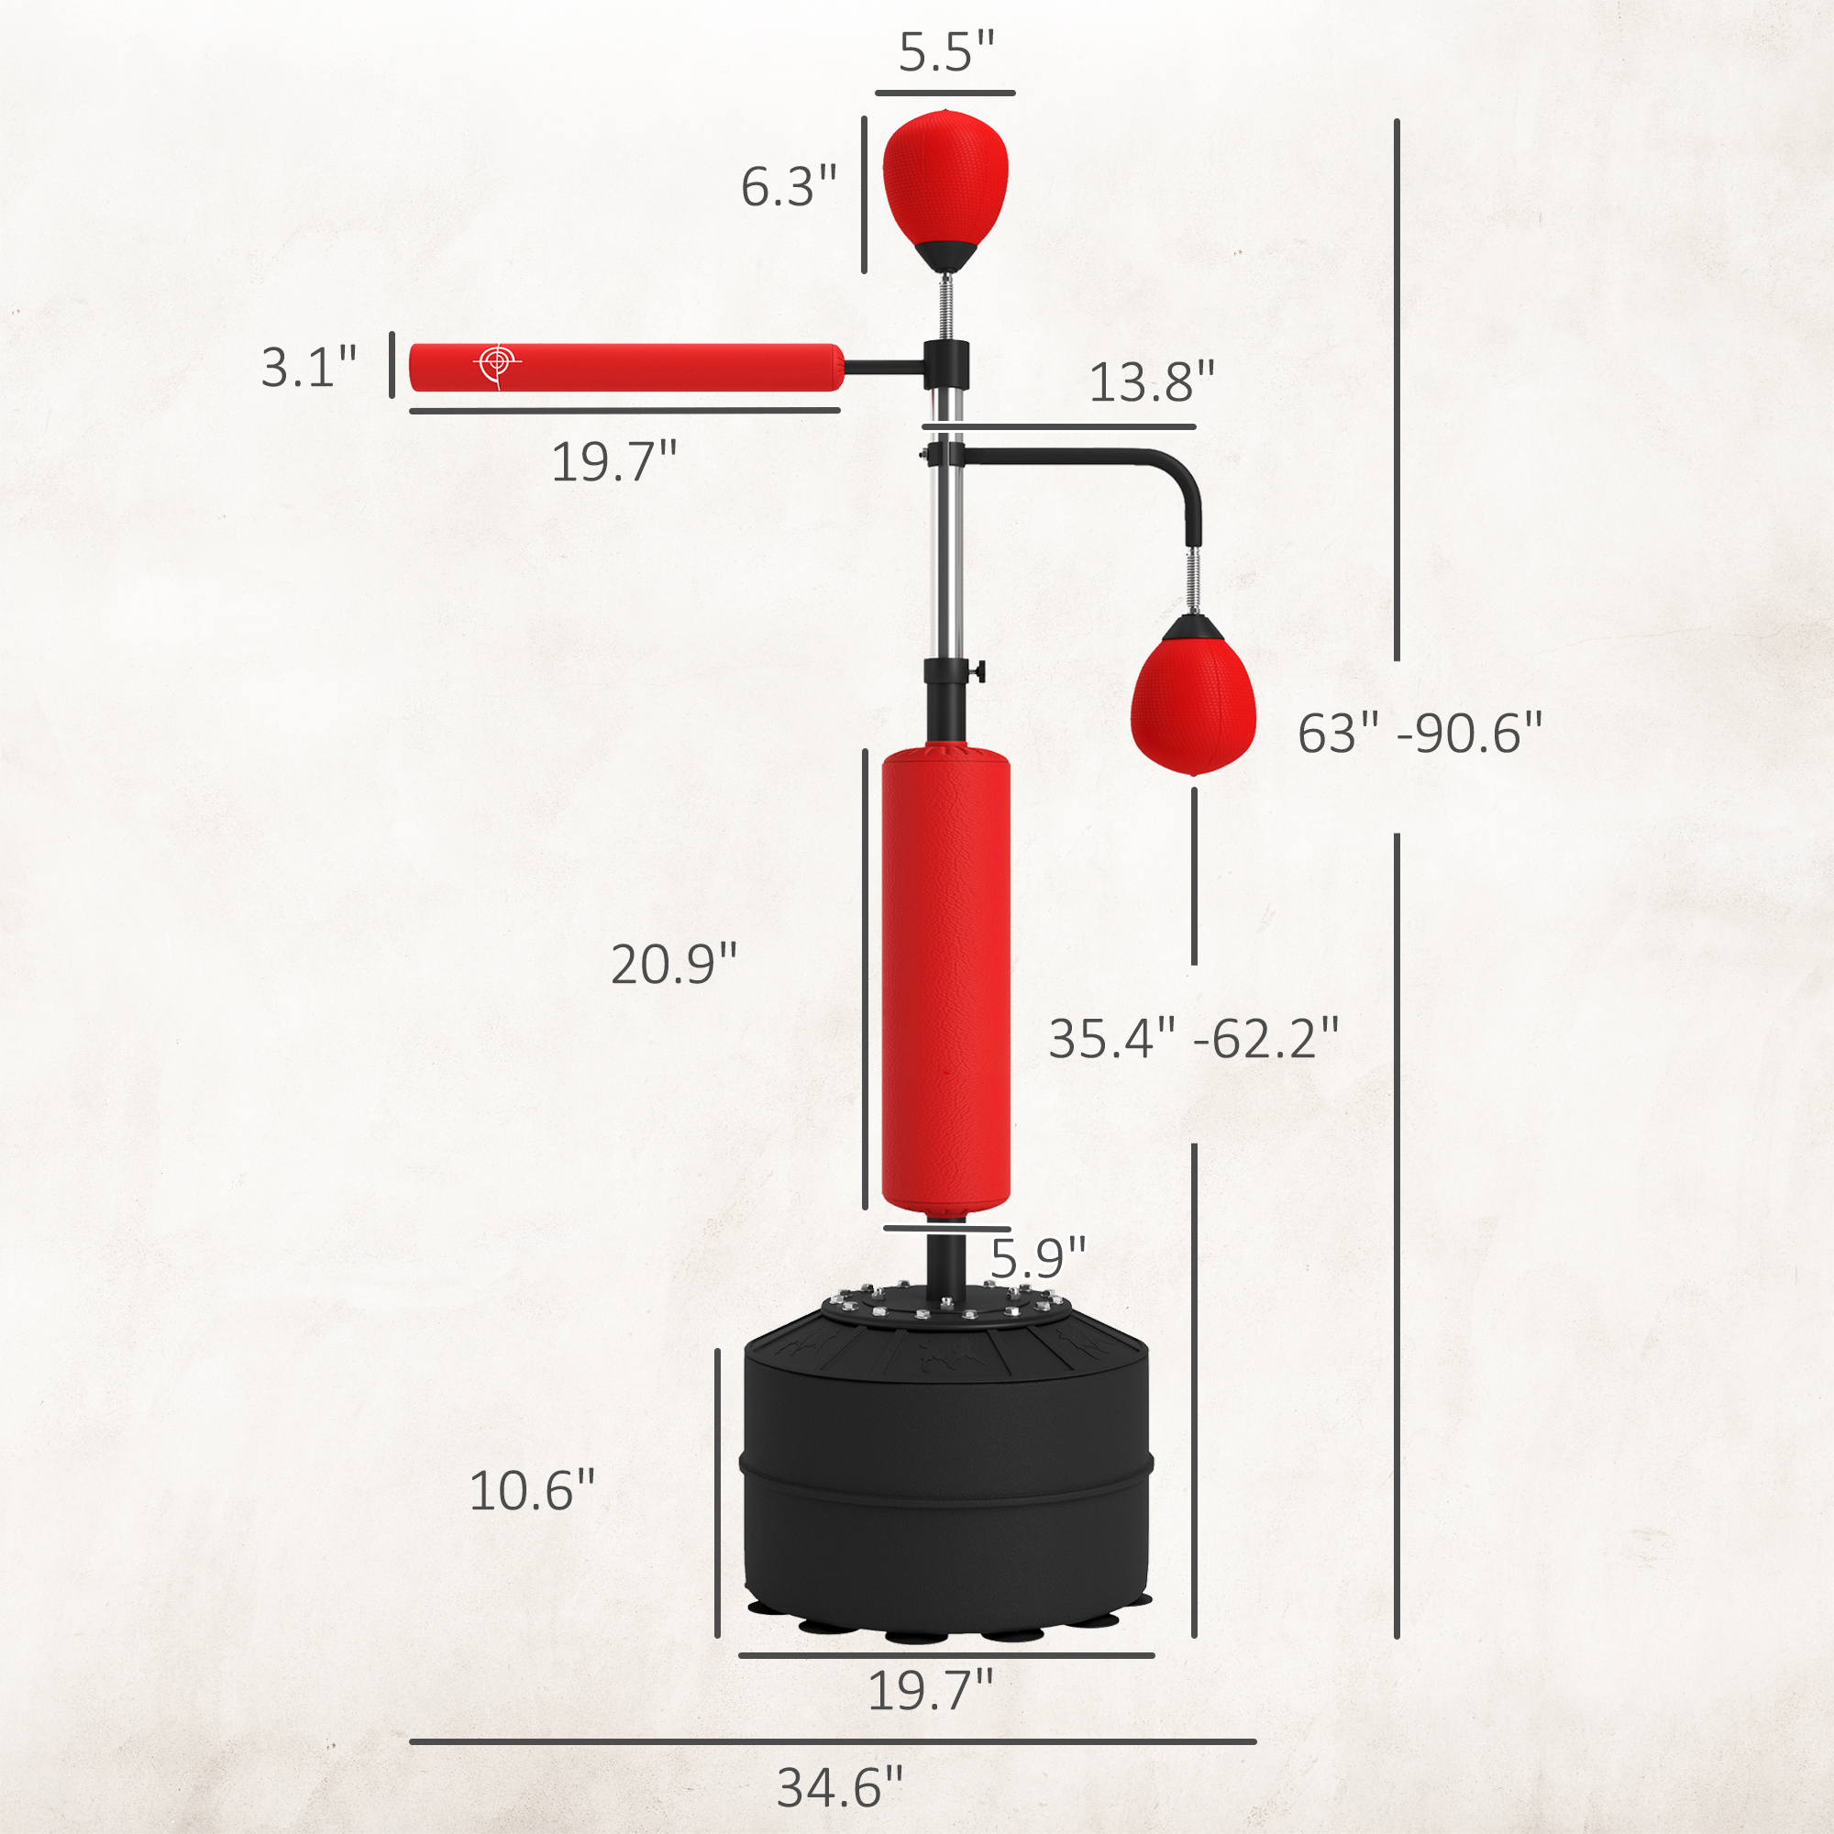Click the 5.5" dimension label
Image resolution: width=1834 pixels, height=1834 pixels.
click(945, 52)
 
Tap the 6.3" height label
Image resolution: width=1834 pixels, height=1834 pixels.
click(788, 186)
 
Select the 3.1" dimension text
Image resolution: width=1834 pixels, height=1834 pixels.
click(308, 368)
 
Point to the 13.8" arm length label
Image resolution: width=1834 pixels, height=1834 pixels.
click(1151, 382)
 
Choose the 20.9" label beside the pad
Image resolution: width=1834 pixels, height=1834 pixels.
click(673, 965)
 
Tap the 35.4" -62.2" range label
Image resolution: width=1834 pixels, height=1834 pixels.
click(1193, 1039)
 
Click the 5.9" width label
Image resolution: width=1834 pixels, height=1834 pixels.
click(1037, 1259)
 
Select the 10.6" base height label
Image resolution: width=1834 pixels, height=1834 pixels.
click(532, 1490)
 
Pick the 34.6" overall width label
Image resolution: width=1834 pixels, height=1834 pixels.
click(839, 1787)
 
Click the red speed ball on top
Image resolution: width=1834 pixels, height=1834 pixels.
click(945, 181)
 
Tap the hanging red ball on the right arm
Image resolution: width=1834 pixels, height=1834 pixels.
click(1193, 702)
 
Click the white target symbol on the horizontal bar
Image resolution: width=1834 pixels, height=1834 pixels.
click(495, 362)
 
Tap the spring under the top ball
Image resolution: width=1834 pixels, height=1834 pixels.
click(945, 304)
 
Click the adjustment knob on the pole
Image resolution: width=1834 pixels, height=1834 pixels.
click(978, 672)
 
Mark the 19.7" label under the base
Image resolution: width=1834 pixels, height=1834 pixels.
click(930, 1690)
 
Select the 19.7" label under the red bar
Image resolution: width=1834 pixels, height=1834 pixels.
click(614, 462)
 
